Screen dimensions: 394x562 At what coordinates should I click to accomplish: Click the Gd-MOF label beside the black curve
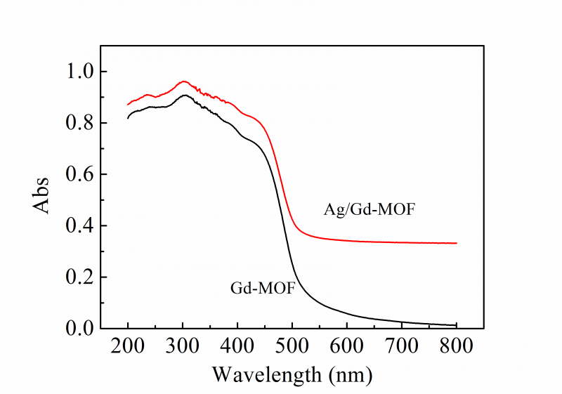coord(263,288)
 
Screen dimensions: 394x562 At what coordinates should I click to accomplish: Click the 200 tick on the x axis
coord(128,346)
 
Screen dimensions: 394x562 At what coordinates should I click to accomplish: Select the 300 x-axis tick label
coord(183,346)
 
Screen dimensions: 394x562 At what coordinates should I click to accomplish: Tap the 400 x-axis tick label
coord(237,346)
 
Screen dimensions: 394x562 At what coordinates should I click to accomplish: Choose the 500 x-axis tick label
coord(292,346)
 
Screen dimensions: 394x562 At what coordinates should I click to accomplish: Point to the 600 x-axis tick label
coord(347,346)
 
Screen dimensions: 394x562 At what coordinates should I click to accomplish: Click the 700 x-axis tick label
coord(402,346)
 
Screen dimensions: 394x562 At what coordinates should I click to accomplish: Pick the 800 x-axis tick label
coord(457,346)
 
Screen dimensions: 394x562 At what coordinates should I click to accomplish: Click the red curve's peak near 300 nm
coord(183,81)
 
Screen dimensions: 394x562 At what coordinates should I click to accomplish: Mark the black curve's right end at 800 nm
coord(457,325)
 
